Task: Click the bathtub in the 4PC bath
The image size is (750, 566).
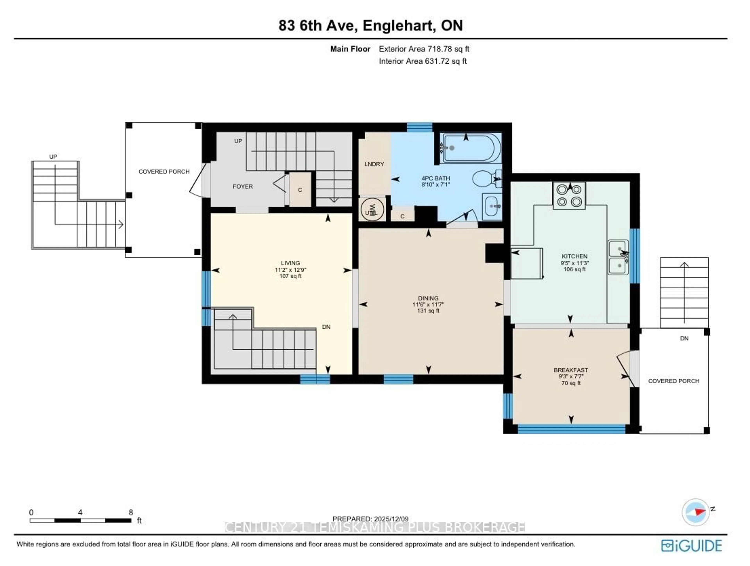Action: tap(471, 148)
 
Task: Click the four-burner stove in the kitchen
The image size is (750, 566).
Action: tap(569, 196)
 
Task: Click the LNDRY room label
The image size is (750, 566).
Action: tap(374, 164)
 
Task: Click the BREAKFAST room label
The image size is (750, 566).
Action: tap(571, 370)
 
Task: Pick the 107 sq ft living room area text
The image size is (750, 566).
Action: tap(290, 276)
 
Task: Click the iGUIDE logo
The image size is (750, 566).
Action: tap(691, 546)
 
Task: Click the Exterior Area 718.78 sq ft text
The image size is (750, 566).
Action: tap(424, 49)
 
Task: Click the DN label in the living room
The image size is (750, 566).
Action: tap(326, 327)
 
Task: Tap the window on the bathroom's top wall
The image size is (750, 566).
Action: tap(419, 127)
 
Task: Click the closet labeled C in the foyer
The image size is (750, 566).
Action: tap(300, 190)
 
